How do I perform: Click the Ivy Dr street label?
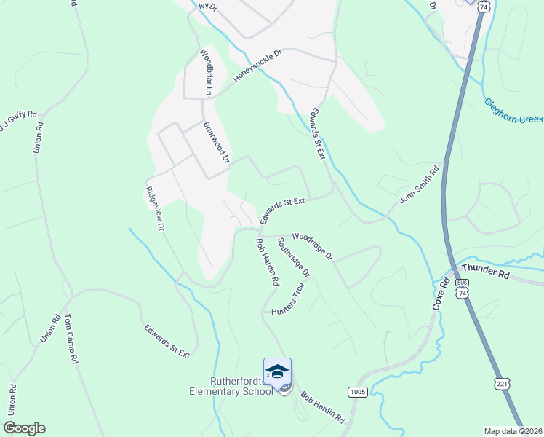(x=208, y=5)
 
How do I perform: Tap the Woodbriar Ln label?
(x=206, y=73)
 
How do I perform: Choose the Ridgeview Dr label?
(x=153, y=208)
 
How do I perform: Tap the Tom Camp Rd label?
(x=71, y=339)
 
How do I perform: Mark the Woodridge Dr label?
(x=312, y=247)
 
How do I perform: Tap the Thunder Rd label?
(x=485, y=271)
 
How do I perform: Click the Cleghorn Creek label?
(x=513, y=111)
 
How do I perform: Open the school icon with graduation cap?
(x=277, y=371)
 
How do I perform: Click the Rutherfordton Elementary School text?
(x=231, y=386)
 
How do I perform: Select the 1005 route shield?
(x=356, y=391)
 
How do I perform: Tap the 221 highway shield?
(x=501, y=383)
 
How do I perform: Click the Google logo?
(x=24, y=428)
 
